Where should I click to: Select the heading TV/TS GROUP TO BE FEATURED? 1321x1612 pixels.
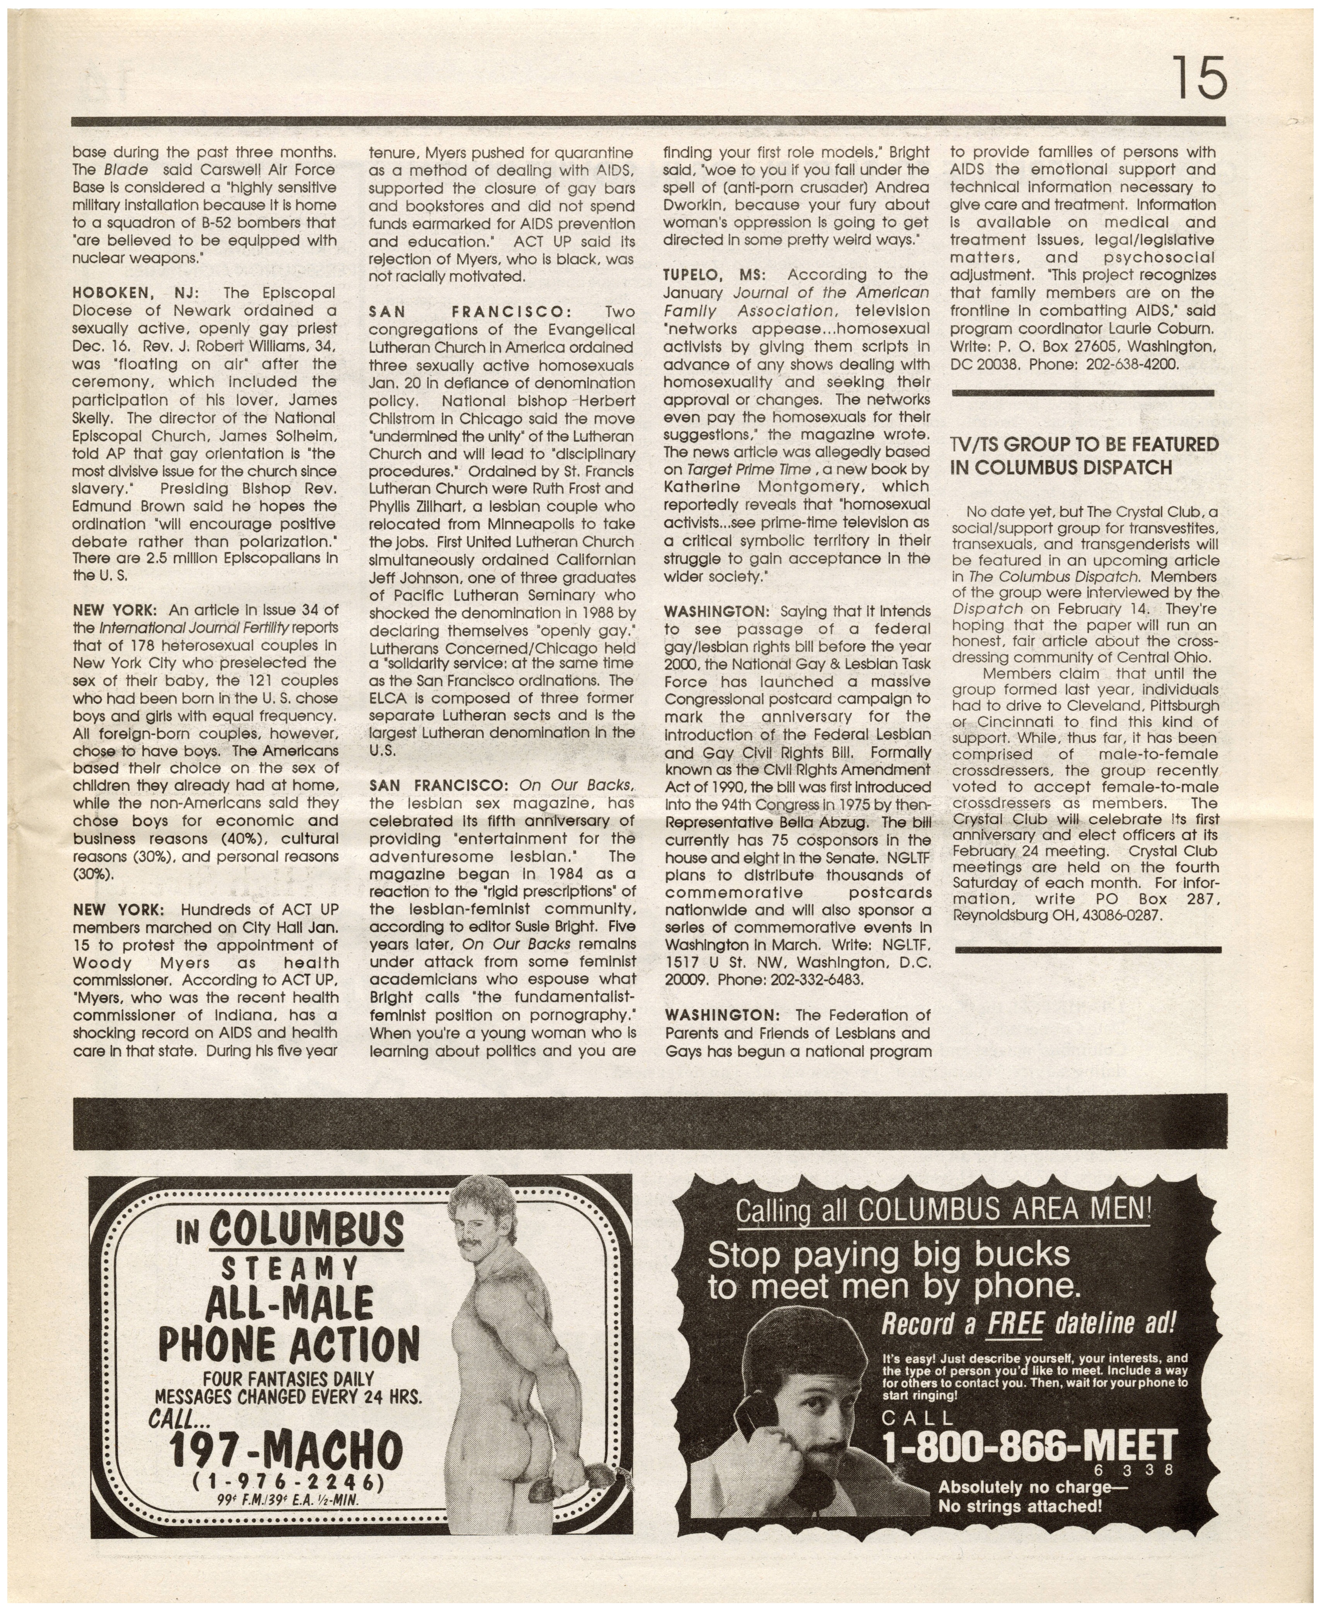coord(1084,444)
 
